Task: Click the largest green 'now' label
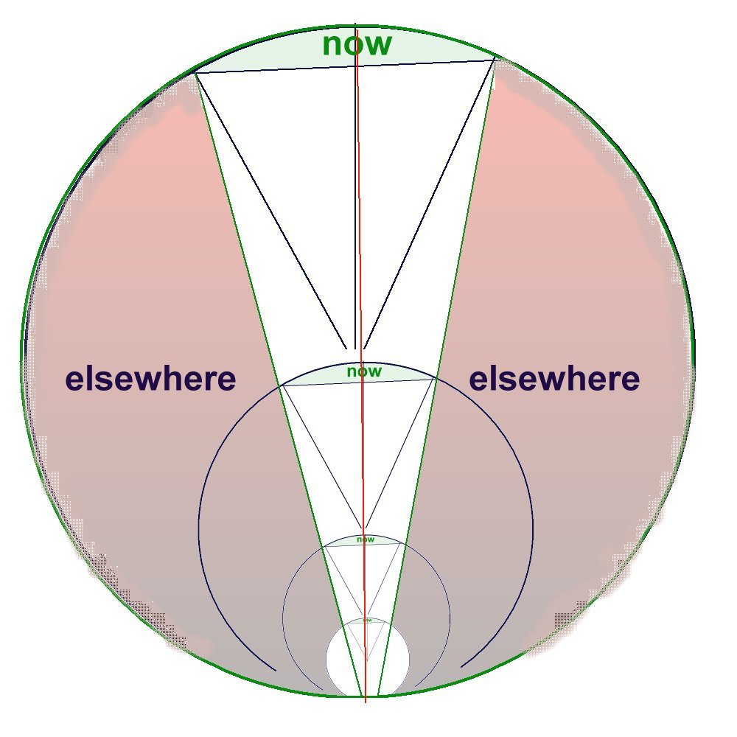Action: click(357, 44)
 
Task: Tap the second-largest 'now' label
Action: click(364, 371)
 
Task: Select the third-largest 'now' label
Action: click(365, 539)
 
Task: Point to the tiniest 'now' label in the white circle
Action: click(367, 621)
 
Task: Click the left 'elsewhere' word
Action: click(150, 380)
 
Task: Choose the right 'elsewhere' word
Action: click(554, 380)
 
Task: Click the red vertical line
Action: click(360, 221)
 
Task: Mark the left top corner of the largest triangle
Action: click(195, 72)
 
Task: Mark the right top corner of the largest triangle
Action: click(495, 60)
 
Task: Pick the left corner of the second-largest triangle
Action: click(281, 385)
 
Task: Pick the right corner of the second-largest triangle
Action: click(435, 379)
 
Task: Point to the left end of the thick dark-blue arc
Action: click(276, 671)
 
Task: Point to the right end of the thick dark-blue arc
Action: click(461, 668)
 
